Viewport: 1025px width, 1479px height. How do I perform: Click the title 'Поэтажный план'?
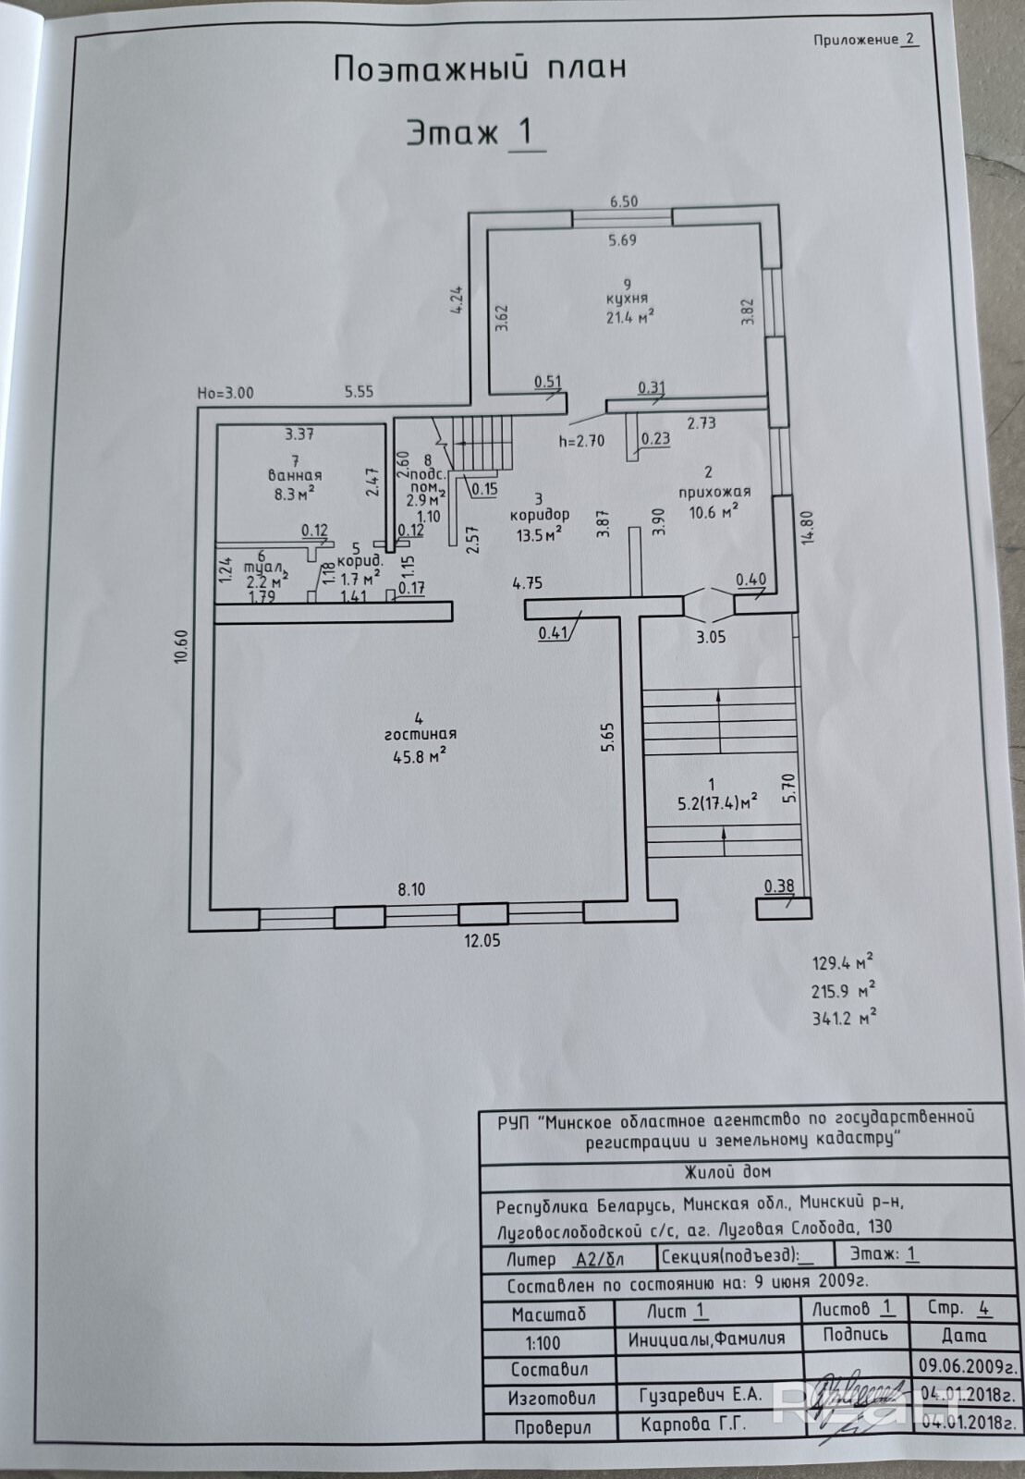click(x=479, y=68)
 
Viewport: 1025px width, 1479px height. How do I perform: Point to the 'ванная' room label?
click(x=295, y=475)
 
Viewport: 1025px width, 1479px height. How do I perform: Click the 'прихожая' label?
click(x=714, y=492)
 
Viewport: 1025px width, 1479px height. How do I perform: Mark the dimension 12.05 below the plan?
click(x=482, y=940)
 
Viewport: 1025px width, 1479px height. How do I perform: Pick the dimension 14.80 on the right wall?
click(x=809, y=526)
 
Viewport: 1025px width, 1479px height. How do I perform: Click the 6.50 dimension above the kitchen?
click(x=624, y=202)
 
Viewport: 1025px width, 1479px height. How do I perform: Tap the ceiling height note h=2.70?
click(x=581, y=440)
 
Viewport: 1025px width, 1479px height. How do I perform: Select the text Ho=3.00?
click(x=226, y=393)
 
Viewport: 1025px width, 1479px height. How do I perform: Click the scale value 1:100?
click(x=543, y=1342)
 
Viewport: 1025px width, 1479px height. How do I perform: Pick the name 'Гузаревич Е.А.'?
click(x=701, y=1395)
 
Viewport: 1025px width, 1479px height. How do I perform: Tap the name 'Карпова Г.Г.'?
click(x=693, y=1424)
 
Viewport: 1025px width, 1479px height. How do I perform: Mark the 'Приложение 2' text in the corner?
click(x=864, y=39)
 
